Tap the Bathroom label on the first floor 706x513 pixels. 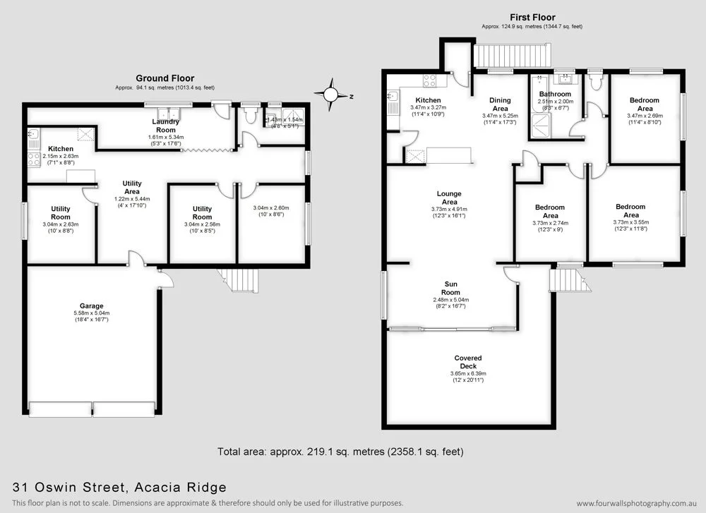coord(555,94)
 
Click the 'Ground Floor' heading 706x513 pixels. coord(164,78)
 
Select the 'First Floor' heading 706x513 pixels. coord(532,18)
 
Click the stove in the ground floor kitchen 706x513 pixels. coord(32,159)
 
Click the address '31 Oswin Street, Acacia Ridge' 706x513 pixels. coord(120,487)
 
